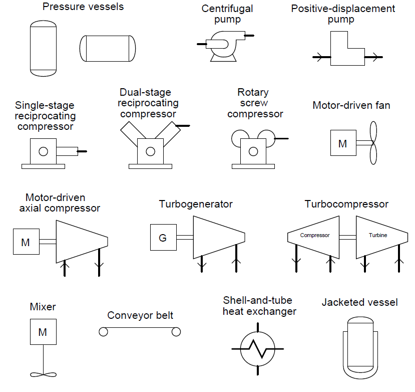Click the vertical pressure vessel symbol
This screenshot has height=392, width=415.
[x=44, y=48]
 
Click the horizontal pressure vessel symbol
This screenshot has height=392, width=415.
[x=108, y=49]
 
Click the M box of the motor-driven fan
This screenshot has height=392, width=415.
[x=343, y=143]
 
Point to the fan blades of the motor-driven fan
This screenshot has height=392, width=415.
[x=372, y=143]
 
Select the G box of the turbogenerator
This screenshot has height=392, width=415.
[x=163, y=238]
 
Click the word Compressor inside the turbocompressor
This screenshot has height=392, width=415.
[x=315, y=235]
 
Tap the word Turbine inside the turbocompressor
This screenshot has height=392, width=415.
[x=378, y=235]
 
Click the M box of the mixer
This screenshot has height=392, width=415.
[x=43, y=332]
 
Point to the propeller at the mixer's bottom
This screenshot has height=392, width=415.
[x=44, y=374]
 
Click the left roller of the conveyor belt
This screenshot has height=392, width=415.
[x=103, y=331]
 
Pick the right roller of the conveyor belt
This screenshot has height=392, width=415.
[x=176, y=331]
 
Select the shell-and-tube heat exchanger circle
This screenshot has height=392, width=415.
[x=258, y=348]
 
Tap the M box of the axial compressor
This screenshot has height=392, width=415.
[x=26, y=242]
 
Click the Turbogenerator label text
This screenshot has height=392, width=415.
[x=196, y=204]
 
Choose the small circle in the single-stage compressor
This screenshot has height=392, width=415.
[x=44, y=151]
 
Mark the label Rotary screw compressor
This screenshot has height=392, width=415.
[x=255, y=103]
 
